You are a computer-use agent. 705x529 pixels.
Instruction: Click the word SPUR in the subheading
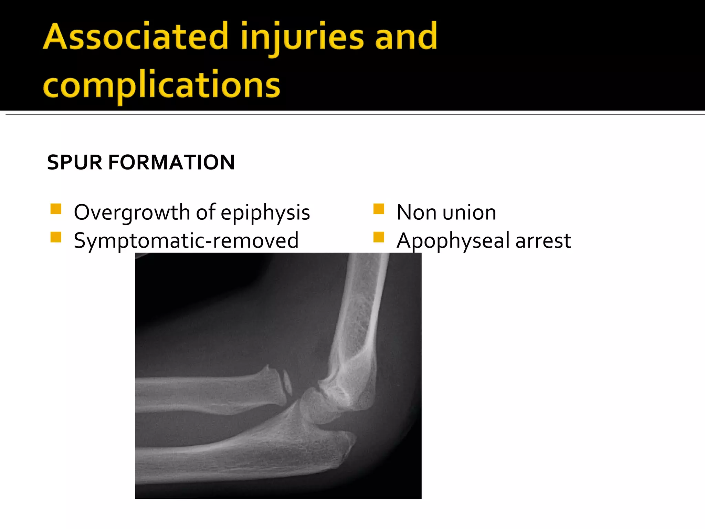pos(74,163)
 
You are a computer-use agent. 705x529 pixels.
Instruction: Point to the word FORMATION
pos(171,163)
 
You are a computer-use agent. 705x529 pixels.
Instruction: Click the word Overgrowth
pos(132,212)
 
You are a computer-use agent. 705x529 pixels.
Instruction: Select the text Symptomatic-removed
pos(186,240)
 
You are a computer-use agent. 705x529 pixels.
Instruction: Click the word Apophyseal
pos(453,241)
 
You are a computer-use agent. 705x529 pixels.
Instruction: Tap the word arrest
pos(543,241)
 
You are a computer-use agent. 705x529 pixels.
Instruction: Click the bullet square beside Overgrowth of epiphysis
pos(56,209)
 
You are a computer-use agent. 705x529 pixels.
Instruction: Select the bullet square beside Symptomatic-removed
pos(56,237)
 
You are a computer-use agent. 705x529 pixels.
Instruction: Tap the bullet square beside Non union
pos(379,209)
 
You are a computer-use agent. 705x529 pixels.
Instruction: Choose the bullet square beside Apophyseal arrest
pos(379,237)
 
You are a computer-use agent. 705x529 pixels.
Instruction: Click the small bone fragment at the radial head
pos(287,382)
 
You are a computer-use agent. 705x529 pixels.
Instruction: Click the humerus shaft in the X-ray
pos(361,310)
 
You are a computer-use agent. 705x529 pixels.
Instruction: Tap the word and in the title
pos(406,37)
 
